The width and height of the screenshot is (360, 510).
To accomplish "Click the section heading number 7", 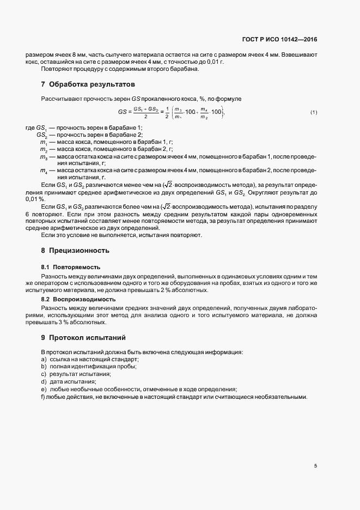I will tap(43, 84).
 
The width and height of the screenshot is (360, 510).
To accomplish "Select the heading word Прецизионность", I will tap(80, 251).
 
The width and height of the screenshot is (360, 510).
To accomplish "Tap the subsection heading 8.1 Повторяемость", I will tap(70, 268).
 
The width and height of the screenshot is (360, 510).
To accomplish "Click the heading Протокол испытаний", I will tap(87, 337).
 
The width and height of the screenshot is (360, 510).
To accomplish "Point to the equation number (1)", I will tap(314, 112).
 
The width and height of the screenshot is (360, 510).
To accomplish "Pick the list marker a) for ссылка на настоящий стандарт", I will tap(44, 360).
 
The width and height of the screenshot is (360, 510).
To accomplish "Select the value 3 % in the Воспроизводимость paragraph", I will tap(70, 322).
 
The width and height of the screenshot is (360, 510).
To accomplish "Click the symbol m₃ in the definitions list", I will tap(44, 156).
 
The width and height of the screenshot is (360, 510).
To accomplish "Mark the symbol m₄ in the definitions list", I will tap(44, 171).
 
